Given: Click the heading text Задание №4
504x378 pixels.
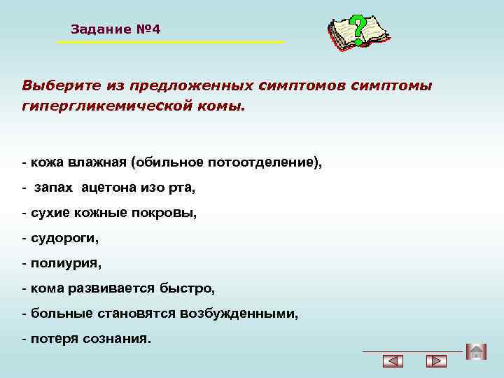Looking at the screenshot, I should [x=115, y=29].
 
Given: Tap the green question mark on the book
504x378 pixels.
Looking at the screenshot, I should [x=358, y=29].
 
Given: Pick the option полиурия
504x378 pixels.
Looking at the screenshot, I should [x=65, y=264].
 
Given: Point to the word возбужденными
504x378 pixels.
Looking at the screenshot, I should [x=248, y=314].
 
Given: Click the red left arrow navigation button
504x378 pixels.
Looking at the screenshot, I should [x=394, y=362].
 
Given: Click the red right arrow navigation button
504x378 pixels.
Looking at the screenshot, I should [x=436, y=362].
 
